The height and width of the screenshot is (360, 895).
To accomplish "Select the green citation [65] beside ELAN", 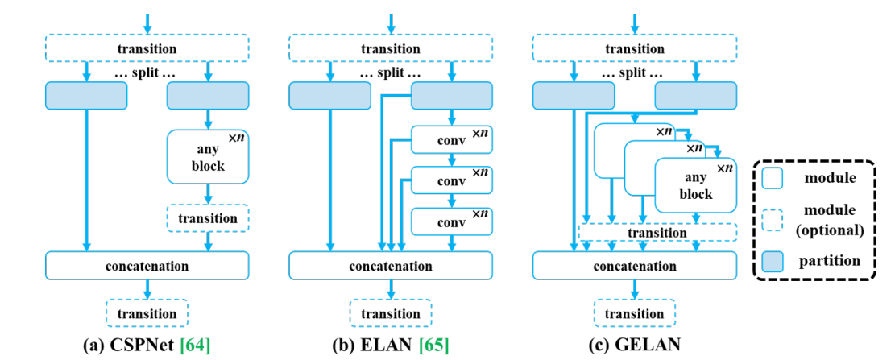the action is tap(433, 346).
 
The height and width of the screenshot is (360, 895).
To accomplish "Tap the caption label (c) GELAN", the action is tap(634, 346).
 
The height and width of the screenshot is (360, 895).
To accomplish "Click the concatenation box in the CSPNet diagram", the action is tap(147, 265).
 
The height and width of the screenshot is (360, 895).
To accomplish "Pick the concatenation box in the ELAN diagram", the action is tap(391, 265).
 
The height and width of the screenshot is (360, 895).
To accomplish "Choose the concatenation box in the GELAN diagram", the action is tap(634, 265).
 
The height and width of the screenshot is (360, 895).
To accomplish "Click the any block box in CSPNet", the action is tap(208, 156).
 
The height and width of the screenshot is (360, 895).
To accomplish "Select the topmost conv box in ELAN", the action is tap(451, 140).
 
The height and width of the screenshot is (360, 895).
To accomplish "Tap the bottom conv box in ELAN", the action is tap(451, 221).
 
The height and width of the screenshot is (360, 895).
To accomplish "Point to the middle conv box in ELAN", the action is tap(451, 180).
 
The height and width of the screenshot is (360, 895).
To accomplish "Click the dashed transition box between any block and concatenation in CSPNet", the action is tap(208, 218).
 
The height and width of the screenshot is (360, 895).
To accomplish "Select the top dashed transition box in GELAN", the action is tap(634, 48).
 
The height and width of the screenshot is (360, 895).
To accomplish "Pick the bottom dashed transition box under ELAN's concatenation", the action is tap(391, 313).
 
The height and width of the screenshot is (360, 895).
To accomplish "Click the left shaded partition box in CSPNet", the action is tap(86, 95).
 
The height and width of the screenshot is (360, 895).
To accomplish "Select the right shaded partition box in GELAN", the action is tap(695, 95).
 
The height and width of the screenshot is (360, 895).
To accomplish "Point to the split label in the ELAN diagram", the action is tap(391, 74).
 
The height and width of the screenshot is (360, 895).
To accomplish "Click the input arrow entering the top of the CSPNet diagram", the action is tap(147, 23).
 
